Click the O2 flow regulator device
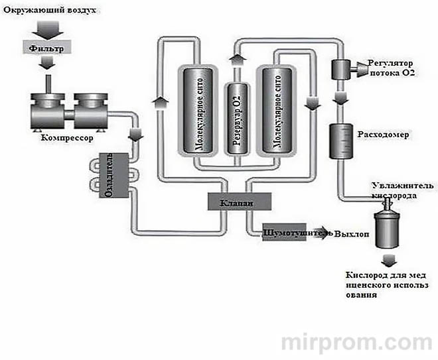pos(343,66)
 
